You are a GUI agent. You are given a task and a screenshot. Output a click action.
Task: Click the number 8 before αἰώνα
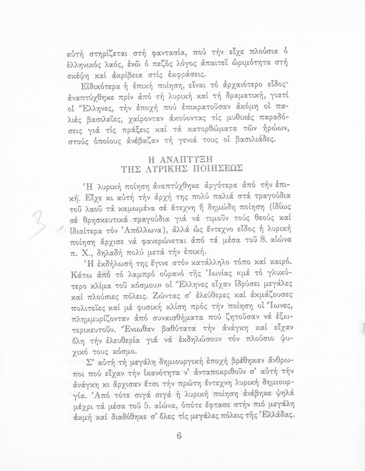[267, 241]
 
